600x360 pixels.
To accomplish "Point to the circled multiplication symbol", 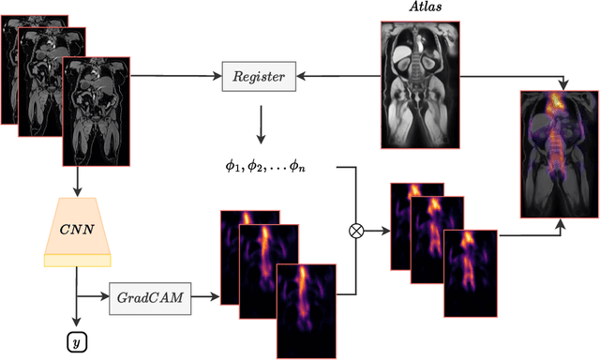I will [x=356, y=228].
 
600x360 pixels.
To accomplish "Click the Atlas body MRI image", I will [x=424, y=85].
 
